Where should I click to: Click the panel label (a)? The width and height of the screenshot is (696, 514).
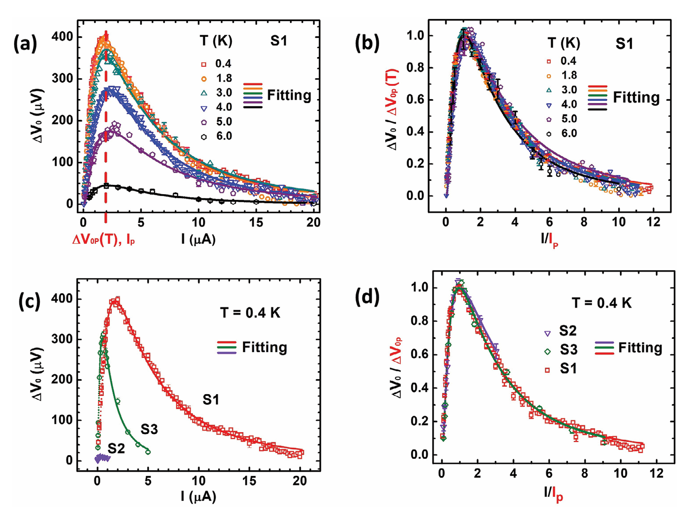tap(25, 44)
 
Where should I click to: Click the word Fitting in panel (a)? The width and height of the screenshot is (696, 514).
tap(289, 95)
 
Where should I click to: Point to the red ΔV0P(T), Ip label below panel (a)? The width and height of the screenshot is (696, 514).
tap(103, 240)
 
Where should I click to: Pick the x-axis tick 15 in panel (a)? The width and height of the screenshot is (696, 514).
tap(256, 223)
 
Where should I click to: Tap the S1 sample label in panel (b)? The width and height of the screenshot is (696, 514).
tap(624, 44)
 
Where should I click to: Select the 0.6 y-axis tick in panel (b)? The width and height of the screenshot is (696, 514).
tap(415, 100)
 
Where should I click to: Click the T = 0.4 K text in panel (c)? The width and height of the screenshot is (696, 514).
tap(250, 312)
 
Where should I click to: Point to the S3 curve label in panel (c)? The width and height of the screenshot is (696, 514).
tap(149, 429)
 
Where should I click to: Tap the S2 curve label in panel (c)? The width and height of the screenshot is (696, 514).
tap(116, 448)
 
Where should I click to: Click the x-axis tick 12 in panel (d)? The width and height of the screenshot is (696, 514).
tap(656, 473)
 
